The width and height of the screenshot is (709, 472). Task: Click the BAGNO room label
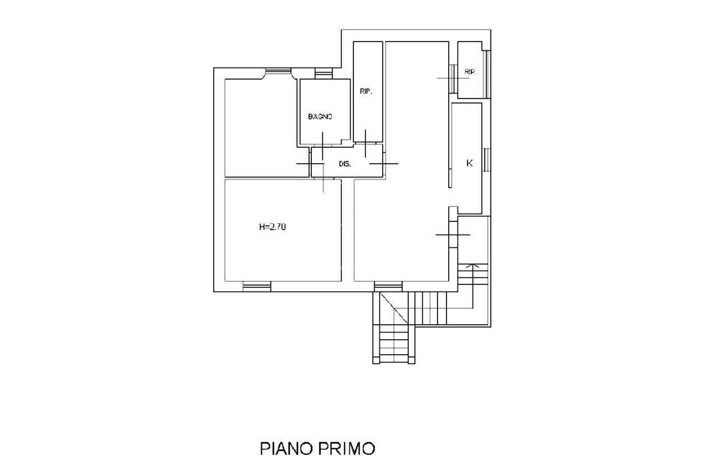point(320,117)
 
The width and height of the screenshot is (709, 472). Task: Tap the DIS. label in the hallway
point(345,164)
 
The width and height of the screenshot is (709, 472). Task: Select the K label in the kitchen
point(470,163)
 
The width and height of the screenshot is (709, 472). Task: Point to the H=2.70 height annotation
point(273,227)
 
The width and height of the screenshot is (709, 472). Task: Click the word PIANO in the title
point(286,449)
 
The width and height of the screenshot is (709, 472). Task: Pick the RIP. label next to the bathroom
point(366,91)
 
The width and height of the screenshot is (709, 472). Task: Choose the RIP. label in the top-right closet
point(470,72)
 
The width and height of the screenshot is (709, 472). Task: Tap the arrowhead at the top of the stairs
point(473,266)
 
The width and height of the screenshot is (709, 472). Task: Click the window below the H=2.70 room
point(257,287)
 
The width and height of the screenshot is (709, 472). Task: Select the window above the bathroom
point(324,74)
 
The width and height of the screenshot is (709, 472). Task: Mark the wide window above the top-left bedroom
point(278,71)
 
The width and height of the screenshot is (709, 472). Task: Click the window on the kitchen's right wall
point(487,160)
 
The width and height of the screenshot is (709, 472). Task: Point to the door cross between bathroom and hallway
point(322,146)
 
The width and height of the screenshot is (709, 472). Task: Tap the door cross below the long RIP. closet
point(366,143)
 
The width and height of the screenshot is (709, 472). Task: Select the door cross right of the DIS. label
point(384,164)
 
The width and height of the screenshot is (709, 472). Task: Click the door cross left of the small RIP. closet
point(453,79)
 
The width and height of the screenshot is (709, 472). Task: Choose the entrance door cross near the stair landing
point(453,235)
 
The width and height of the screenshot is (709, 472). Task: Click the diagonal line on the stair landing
point(394,308)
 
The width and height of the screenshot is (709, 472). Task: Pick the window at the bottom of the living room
point(388,287)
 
